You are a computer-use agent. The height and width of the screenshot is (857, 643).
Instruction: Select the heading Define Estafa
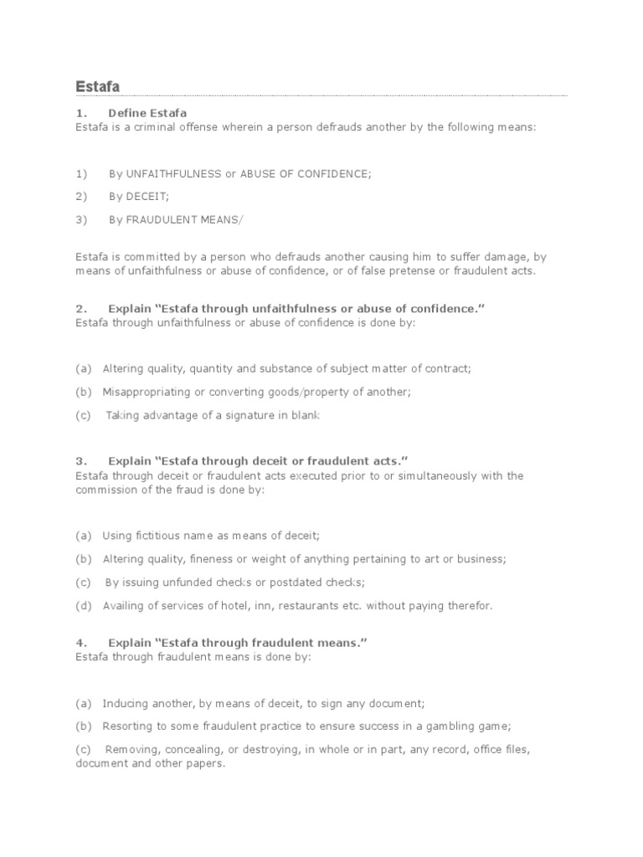pyautogui.click(x=147, y=113)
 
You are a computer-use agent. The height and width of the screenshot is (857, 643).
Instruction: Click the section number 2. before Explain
pyautogui.click(x=80, y=309)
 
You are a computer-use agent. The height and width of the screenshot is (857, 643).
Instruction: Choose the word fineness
pyautogui.click(x=219, y=558)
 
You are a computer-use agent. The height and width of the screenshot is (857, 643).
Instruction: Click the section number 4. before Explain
pyautogui.click(x=80, y=643)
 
